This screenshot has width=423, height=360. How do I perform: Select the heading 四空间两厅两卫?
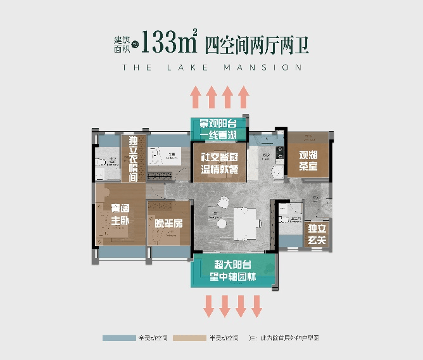(x=257, y=44)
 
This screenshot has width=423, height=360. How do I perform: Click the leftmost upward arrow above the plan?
(x=196, y=98)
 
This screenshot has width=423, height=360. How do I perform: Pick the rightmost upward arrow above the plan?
(x=244, y=98)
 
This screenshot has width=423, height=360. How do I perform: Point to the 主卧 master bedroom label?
(x=120, y=215)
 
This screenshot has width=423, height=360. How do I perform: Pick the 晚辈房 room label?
(x=168, y=223)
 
